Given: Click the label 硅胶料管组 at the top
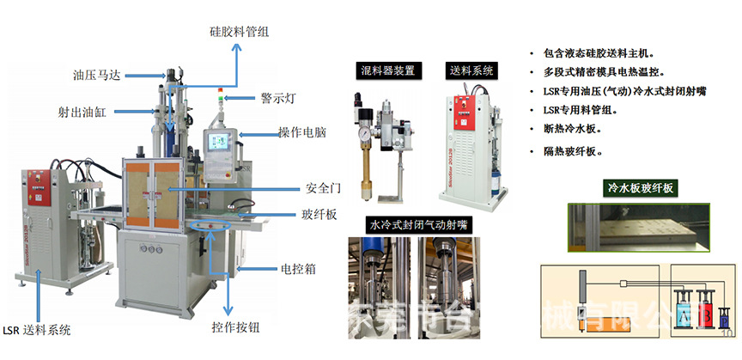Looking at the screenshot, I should pyautogui.click(x=239, y=32).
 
